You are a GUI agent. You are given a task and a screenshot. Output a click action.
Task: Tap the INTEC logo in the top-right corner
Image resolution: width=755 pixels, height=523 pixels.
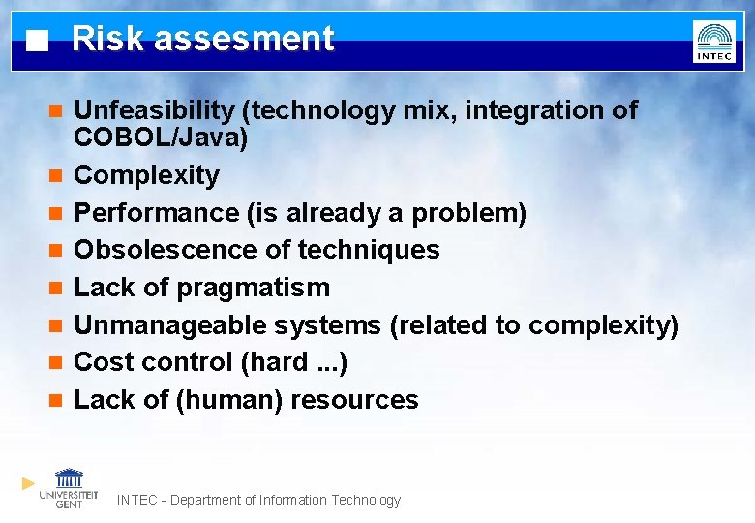click(713, 42)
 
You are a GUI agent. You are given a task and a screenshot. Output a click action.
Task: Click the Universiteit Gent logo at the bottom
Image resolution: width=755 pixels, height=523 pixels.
click(69, 487)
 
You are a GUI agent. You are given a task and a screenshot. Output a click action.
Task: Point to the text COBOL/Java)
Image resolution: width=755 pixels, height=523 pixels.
click(161, 138)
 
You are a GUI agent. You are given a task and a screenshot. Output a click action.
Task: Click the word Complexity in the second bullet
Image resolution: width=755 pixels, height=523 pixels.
click(147, 175)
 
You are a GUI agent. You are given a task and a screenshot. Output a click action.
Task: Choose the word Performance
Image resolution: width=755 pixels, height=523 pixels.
click(158, 213)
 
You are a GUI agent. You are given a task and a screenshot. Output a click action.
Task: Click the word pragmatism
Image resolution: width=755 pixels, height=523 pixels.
click(253, 288)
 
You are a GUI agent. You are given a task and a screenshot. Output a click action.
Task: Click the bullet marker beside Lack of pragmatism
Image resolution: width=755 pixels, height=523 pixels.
click(56, 288)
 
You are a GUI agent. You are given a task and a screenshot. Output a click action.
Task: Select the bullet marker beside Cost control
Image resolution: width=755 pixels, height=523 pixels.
click(56, 362)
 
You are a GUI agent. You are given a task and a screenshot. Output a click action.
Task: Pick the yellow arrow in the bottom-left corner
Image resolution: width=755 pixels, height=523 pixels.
click(28, 482)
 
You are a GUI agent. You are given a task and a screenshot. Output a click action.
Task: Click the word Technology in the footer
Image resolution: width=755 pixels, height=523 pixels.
click(366, 501)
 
